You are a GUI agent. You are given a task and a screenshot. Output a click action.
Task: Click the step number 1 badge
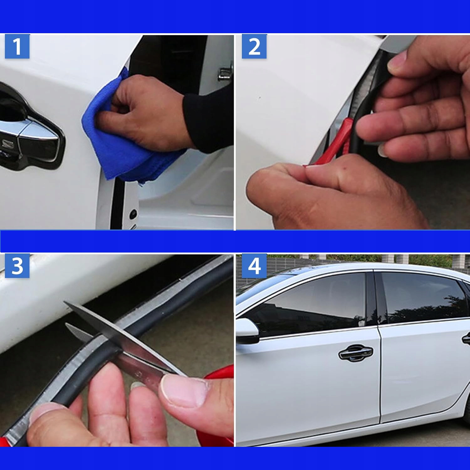pos(17,47)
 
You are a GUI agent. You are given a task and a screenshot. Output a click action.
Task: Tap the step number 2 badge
pos(254,47)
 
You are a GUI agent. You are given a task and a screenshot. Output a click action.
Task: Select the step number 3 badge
pos(17,266)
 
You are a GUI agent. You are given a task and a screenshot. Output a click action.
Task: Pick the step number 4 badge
pos(254,266)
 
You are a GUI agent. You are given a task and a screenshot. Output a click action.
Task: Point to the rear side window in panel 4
pos(423,298)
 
